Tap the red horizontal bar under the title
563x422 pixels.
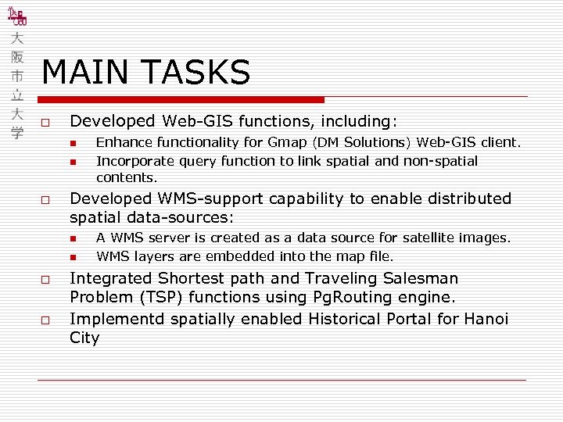click(x=181, y=100)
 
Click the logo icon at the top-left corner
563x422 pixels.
click(x=16, y=18)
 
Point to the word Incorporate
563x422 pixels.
click(x=132, y=161)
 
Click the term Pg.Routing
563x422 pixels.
click(x=346, y=297)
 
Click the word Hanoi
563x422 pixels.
click(x=485, y=319)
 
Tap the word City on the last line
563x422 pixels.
click(x=84, y=338)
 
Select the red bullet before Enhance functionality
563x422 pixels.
click(x=71, y=143)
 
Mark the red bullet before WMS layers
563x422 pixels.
click(x=71, y=257)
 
